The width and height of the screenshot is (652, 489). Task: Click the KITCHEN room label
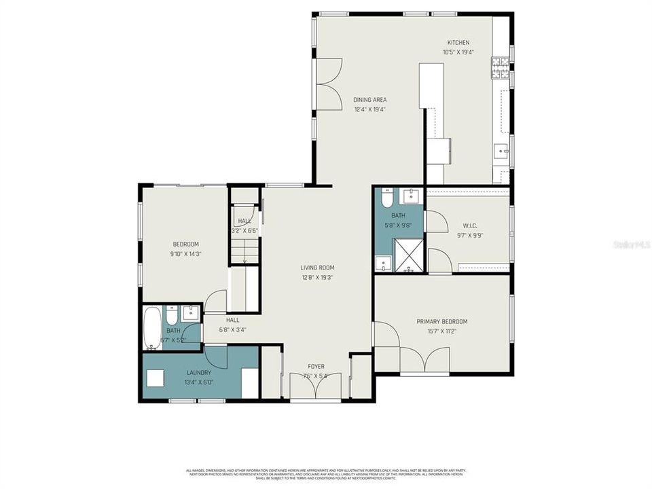(x=458, y=43)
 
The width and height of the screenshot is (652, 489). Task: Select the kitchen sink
(x=501, y=151)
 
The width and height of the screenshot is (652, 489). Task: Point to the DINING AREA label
(x=369, y=100)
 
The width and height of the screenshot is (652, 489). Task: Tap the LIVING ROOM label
(x=317, y=268)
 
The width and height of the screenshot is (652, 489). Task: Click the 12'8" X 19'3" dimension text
(x=317, y=277)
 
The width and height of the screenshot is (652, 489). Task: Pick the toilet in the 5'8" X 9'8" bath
(x=387, y=199)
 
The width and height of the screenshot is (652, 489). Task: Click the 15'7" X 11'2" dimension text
(x=442, y=331)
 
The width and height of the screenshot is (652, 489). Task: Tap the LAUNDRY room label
(x=199, y=372)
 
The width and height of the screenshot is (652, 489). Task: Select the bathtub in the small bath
(x=153, y=328)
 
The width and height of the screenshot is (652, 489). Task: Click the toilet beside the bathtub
(x=171, y=317)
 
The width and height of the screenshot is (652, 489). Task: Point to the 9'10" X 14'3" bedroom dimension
(x=185, y=254)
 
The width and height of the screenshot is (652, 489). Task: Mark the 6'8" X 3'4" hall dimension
(x=232, y=330)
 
